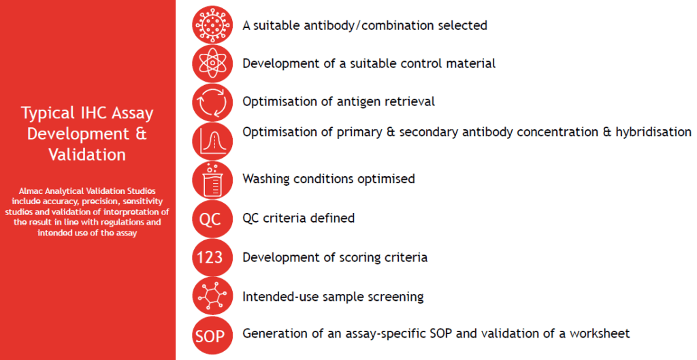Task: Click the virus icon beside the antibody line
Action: point(212,25)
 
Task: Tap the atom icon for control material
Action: point(212,63)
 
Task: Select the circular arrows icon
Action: point(212,102)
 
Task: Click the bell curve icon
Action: point(212,142)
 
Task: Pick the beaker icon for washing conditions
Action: point(212,180)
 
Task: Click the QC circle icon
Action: point(212,218)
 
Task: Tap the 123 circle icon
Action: point(212,257)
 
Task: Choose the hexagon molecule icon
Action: point(212,296)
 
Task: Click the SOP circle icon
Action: point(212,335)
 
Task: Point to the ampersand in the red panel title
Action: point(141,134)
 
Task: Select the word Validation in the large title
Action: point(87,154)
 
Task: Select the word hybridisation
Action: point(653,132)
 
